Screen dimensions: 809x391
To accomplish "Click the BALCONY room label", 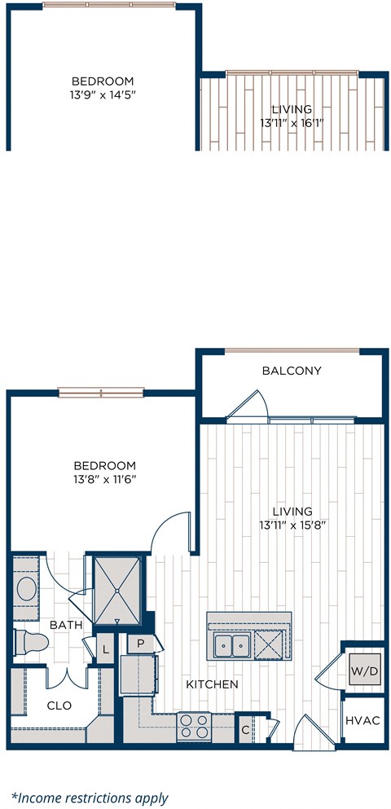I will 292,371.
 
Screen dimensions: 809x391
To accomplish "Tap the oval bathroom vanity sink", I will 27,588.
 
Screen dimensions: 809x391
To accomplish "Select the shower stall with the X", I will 118,583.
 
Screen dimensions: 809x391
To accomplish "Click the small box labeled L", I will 105,649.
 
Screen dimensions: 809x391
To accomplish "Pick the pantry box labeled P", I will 140,643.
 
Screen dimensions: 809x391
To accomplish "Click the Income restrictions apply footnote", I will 90,798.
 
